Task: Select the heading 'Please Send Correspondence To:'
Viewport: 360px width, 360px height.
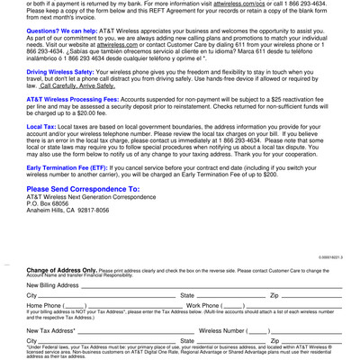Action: click(83, 189)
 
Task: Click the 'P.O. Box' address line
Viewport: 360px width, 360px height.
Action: click(49, 203)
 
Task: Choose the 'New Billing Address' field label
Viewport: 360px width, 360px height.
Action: click(53, 285)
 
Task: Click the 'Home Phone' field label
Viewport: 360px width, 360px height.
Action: click(44, 306)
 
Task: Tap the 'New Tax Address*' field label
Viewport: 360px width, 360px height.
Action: click(50, 331)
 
